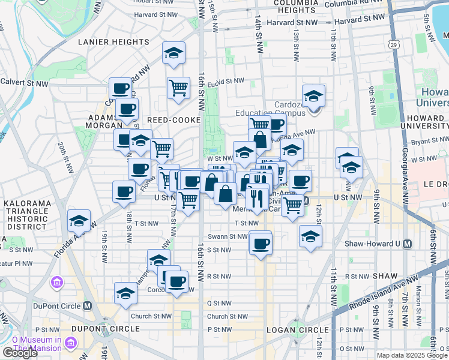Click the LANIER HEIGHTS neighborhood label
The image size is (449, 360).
coord(113,42)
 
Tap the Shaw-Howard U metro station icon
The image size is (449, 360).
coord(408,244)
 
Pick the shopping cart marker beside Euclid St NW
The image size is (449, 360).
coord(178,88)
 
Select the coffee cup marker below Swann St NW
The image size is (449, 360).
coord(261,243)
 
